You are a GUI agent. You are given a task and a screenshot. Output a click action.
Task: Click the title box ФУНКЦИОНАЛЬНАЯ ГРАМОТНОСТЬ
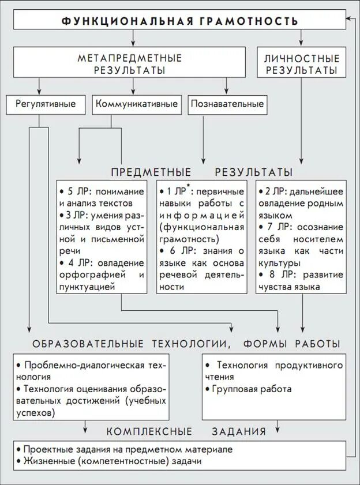179,21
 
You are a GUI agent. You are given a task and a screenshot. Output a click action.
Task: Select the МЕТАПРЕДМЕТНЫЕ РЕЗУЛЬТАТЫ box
130,63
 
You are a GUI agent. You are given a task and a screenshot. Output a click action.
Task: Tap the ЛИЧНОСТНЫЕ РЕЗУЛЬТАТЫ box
301,63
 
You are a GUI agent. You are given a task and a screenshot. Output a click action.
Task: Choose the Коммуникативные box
136,104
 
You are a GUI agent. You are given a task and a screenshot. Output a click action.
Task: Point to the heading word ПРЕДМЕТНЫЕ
151,172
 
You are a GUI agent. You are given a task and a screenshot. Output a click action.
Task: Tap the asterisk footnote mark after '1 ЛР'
187,187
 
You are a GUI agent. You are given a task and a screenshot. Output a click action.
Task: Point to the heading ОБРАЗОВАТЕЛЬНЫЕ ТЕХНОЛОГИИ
129,344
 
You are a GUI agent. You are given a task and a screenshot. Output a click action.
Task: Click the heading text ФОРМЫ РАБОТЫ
291,344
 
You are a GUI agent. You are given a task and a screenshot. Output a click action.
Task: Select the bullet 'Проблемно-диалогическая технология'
91,370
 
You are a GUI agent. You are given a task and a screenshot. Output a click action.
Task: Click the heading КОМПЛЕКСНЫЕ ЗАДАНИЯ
186,431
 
